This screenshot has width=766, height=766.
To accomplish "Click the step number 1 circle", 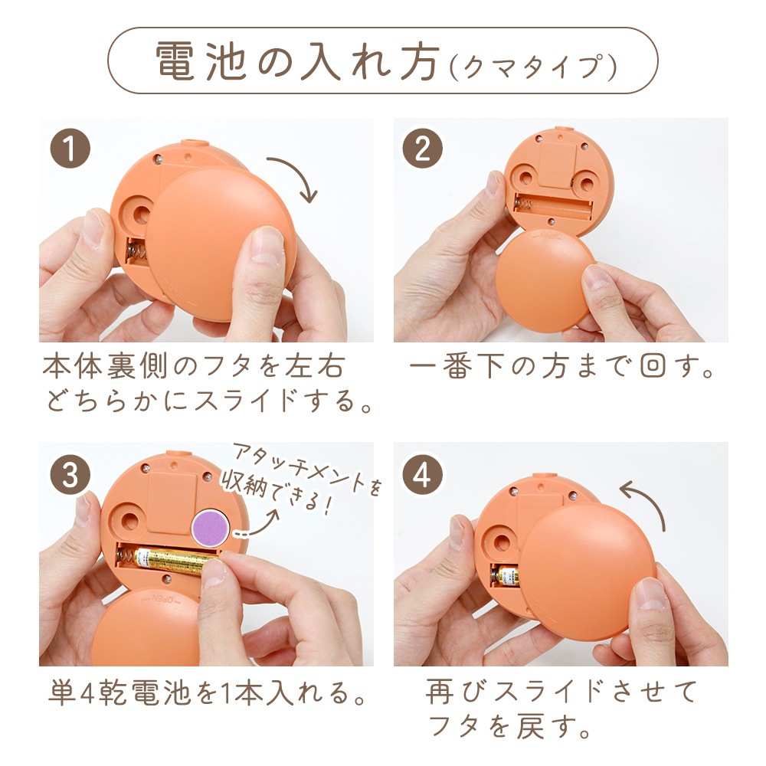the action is (x=70, y=148).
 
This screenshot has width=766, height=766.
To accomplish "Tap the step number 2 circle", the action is (x=423, y=148).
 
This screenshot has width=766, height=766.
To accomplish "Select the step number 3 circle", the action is (x=70, y=474).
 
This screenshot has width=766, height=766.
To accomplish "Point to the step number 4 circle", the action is (x=423, y=474).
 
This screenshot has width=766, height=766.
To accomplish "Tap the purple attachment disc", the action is (x=211, y=527).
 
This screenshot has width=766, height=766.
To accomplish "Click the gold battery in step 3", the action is (x=173, y=561).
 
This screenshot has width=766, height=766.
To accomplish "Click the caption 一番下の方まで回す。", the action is (x=561, y=366).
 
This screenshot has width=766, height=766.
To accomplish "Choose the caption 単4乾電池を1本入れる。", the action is (x=207, y=692).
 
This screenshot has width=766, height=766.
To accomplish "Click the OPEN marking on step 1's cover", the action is (x=180, y=292).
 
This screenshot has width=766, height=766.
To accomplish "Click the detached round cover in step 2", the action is (x=545, y=277).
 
